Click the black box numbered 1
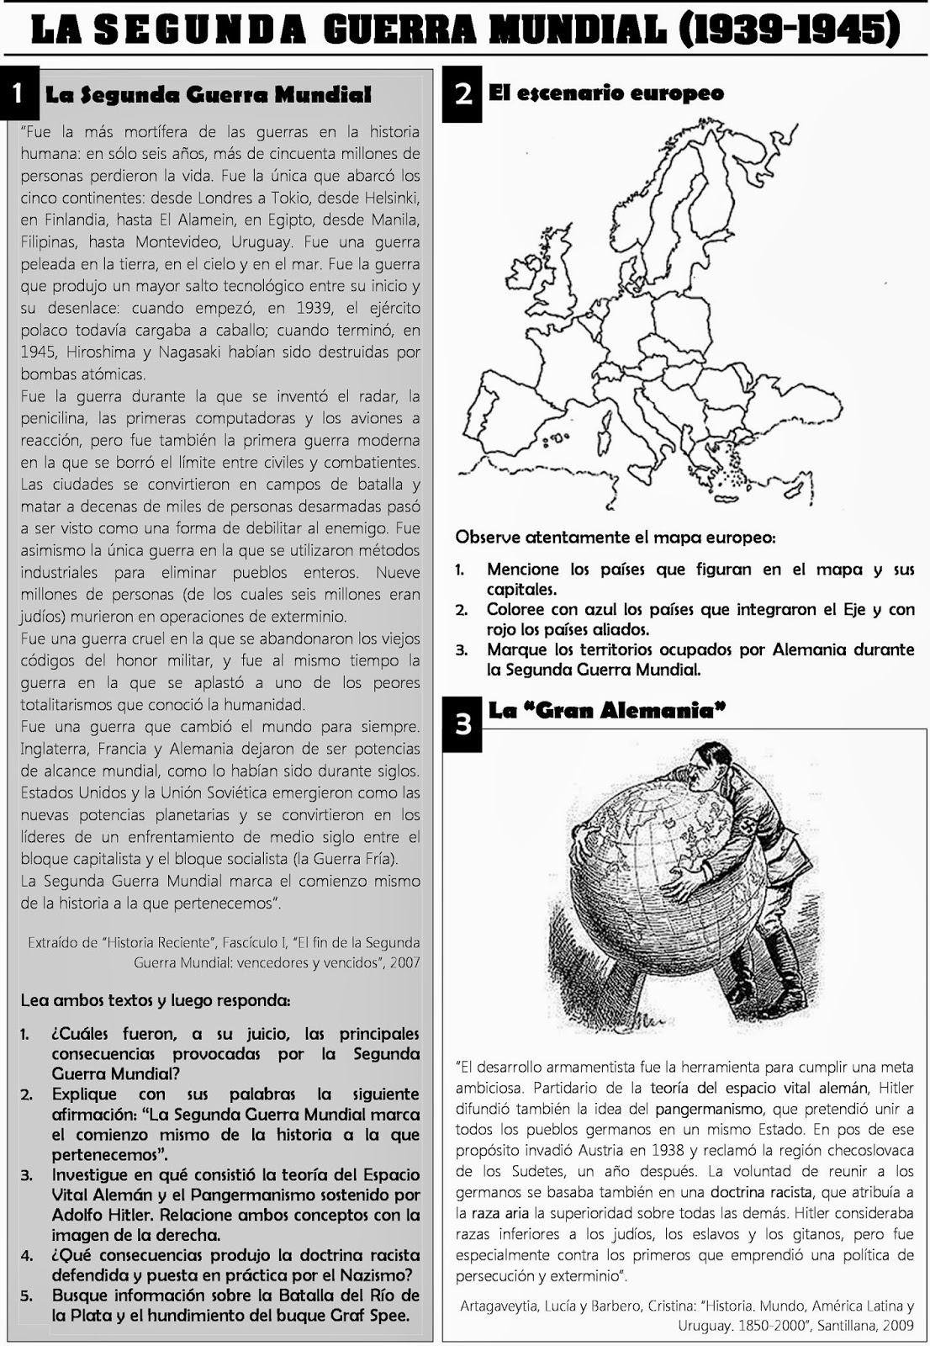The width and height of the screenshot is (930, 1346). [19, 95]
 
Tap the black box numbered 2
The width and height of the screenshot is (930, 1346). [462, 95]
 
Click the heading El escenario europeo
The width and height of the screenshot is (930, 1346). [605, 93]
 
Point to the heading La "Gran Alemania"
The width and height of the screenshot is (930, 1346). [606, 711]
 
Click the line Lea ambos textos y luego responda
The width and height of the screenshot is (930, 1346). [156, 1001]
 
